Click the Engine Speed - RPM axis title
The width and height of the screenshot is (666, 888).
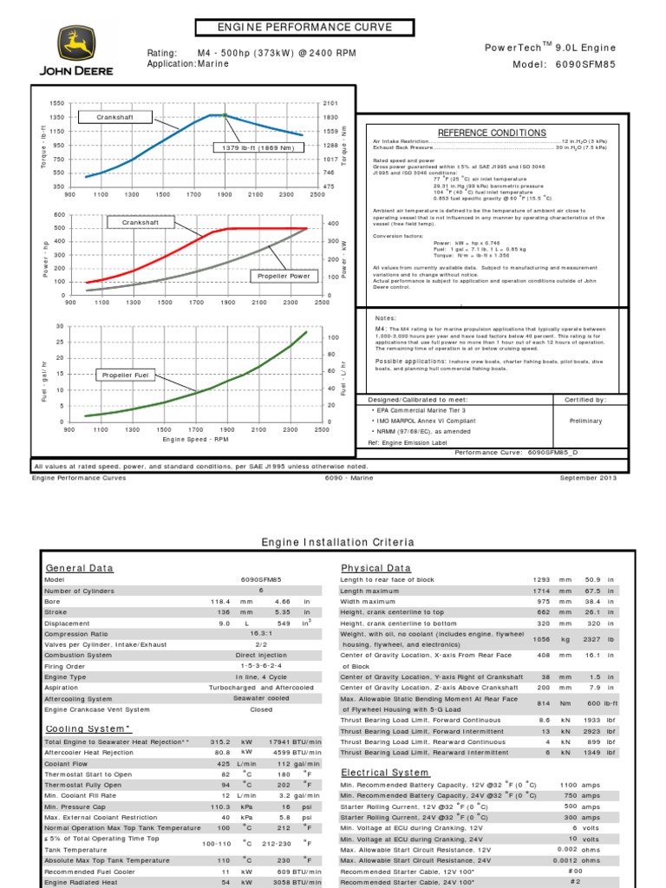coord(196,440)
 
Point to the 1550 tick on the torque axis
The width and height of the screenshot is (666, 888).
coord(57,103)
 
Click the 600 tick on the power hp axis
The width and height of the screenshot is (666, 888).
coord(59,214)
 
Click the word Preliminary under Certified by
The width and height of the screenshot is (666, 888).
coord(584,421)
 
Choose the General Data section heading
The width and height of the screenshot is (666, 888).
coord(79,568)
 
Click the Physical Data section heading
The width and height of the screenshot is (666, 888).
coord(375,568)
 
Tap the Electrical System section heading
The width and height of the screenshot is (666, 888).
coord(384,772)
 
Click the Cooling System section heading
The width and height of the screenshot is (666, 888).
coord(88,729)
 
